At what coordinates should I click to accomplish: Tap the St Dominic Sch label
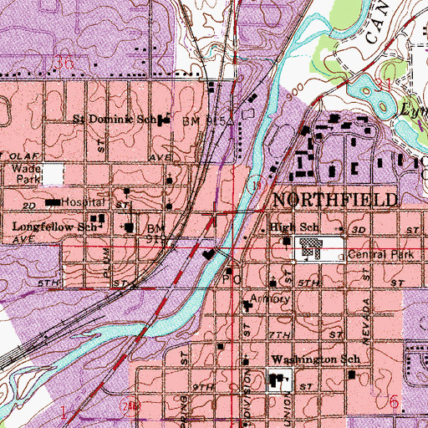click(116, 119)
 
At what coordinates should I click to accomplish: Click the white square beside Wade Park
click(53, 174)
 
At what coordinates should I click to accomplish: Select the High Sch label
click(295, 227)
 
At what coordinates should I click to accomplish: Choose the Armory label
click(272, 298)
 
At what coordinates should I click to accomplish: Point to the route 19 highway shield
click(259, 181)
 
